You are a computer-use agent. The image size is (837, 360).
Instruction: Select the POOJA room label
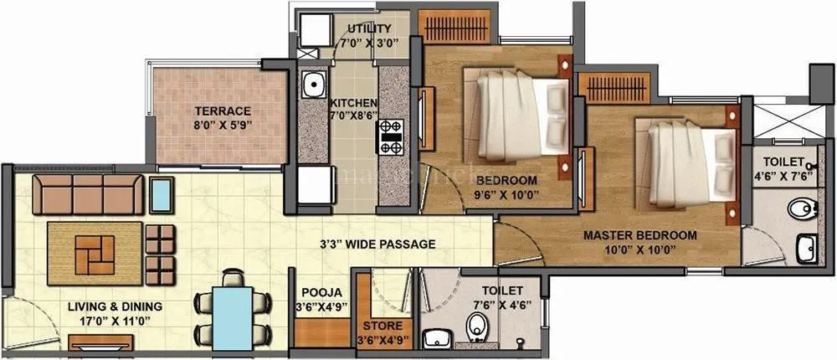tap(322, 292)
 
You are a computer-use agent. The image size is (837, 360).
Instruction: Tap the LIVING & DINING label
tap(116, 306)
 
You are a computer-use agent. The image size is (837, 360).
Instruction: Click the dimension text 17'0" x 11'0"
tap(116, 321)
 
